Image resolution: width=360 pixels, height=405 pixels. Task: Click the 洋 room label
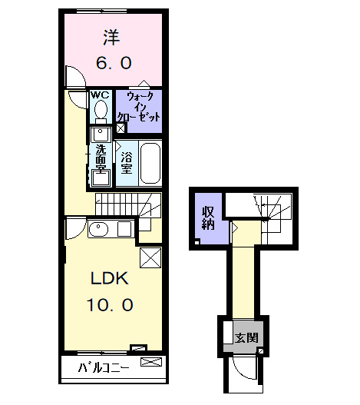pos(111,38)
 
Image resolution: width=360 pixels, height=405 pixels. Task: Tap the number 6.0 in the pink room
pos(114,63)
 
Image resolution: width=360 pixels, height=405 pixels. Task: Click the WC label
pos(100,95)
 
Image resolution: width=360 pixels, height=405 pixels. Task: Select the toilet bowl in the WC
pos(101,110)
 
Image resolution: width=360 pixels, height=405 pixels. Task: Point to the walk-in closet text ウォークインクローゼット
pos(139,107)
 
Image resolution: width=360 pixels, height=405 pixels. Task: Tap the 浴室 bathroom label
pos(127,162)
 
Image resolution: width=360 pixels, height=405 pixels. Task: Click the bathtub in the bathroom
pos(150,163)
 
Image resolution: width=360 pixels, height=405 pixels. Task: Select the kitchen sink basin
pos(98,229)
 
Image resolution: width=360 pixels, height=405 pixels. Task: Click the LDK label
pos(110,278)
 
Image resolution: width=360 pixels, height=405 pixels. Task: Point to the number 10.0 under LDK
pos(110,305)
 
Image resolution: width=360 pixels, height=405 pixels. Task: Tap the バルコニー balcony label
pos(104,367)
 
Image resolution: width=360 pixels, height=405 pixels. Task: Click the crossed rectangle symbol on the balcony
pos(151,362)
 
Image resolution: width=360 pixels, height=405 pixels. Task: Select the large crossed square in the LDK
pos(150,257)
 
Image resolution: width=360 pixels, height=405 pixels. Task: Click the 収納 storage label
pos(208,217)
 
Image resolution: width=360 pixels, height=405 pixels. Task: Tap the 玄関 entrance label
pos(246,338)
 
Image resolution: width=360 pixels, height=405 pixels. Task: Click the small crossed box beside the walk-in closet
pos(121,128)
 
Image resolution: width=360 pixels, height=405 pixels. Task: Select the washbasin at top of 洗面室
pos(101,134)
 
